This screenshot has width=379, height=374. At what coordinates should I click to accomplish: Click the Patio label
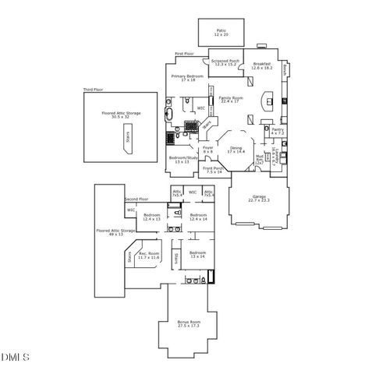221,33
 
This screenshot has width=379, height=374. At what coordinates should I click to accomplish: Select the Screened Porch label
225,64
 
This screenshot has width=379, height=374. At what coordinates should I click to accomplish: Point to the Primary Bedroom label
188,78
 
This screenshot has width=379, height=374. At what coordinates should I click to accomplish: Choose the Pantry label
277,132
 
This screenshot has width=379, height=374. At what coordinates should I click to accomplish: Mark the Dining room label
236,150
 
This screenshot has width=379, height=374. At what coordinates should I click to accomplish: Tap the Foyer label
208,149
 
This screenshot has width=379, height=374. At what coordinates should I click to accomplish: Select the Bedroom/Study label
183,160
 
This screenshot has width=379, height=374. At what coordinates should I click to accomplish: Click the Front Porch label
214,170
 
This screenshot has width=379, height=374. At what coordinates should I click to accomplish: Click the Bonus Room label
189,323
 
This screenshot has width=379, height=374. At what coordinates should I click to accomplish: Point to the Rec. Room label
149,256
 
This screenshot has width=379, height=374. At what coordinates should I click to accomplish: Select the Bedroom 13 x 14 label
197,254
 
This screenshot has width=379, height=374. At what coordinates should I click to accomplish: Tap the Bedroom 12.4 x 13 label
152,217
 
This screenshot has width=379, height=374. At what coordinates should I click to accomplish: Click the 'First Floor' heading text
184,54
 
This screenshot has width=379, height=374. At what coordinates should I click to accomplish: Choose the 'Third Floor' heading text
94,91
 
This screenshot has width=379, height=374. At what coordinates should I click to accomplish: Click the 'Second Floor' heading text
136,199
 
